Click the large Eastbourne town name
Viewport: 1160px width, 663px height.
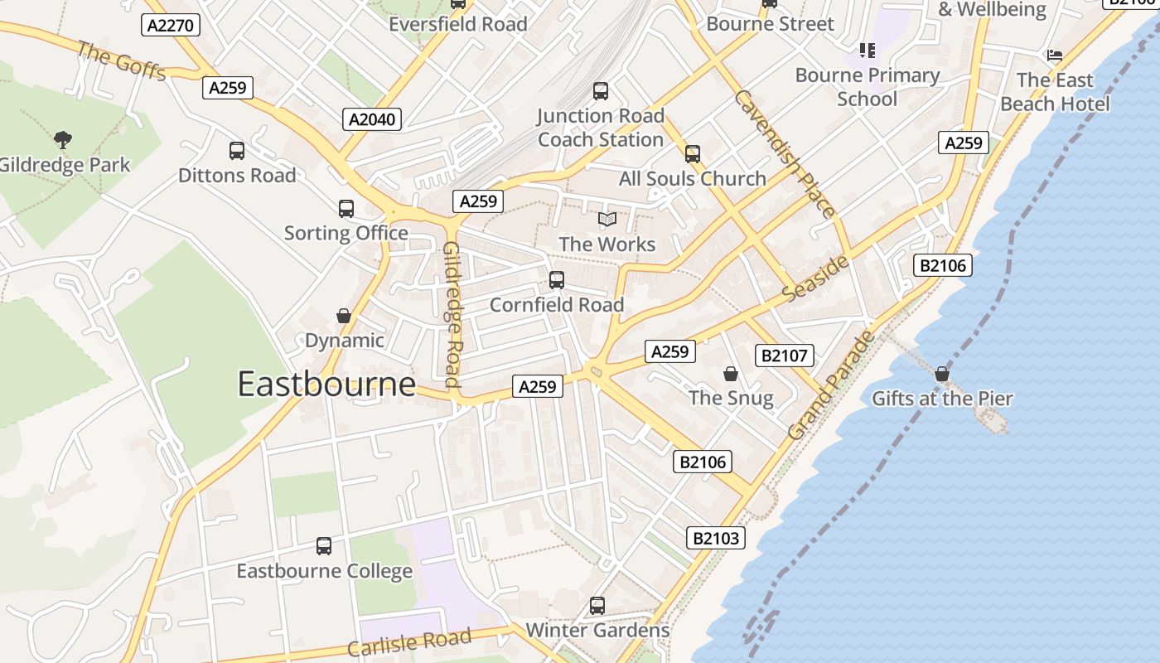(326, 384)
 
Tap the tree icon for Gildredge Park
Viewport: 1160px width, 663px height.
(62, 140)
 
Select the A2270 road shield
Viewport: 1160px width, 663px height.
(171, 25)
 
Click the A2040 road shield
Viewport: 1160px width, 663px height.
(372, 119)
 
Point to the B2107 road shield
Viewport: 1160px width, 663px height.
(784, 356)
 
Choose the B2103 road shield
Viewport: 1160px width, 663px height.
(716, 538)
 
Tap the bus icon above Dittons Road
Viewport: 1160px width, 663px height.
(237, 151)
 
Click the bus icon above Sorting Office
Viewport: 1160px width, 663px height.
(346, 209)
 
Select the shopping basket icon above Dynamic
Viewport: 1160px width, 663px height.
(344, 316)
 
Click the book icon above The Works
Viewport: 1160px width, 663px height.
(607, 220)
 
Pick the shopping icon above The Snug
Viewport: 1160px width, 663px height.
(731, 374)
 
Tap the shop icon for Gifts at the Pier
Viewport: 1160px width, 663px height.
(942, 375)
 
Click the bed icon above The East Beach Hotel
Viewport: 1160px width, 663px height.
(1055, 56)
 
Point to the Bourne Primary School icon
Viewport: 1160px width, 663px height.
(868, 51)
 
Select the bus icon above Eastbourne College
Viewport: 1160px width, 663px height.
(324, 547)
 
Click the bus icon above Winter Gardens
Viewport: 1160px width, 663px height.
(597, 606)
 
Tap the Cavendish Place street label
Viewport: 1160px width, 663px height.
(784, 154)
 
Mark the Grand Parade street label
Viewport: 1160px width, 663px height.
(831, 385)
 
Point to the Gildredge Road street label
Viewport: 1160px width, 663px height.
(452, 315)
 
